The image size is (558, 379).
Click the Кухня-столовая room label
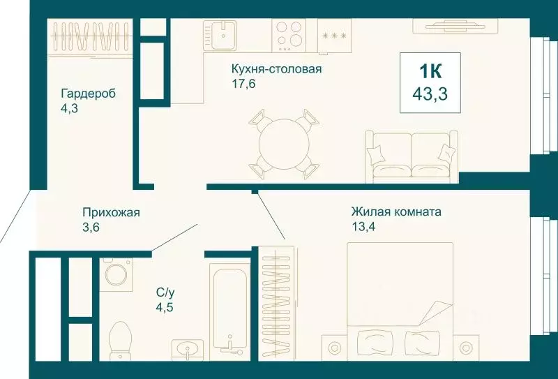click(x=277, y=69)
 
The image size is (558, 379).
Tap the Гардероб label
click(x=87, y=94)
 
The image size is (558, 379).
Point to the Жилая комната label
click(x=395, y=211)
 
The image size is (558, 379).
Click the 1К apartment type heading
click(x=430, y=71)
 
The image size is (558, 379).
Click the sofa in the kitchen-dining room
click(x=411, y=154)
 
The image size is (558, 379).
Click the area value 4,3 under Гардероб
click(x=70, y=107)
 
